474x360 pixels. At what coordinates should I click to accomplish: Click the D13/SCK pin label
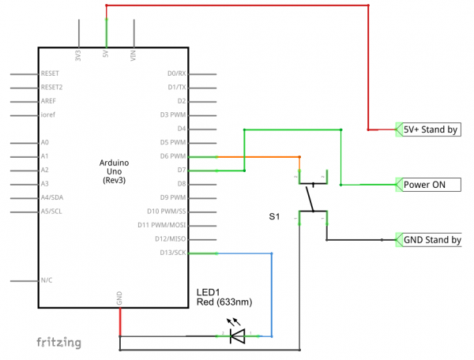point(174,253)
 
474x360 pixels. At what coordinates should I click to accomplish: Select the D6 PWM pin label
point(173,156)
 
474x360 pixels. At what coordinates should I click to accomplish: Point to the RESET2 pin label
point(51,87)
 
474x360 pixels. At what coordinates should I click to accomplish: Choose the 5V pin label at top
point(107,55)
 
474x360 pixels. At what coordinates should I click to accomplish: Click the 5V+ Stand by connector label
point(431,129)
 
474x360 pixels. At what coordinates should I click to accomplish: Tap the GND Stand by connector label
point(432,240)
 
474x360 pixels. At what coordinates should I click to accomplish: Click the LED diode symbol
point(236,336)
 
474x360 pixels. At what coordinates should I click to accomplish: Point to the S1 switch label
point(274,215)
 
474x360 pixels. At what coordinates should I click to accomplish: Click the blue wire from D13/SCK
point(272,292)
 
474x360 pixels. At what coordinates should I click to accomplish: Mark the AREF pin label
point(48,101)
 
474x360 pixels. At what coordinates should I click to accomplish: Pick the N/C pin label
point(47,280)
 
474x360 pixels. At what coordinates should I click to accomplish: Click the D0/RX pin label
point(177,73)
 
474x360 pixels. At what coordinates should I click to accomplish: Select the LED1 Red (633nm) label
point(224,297)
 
